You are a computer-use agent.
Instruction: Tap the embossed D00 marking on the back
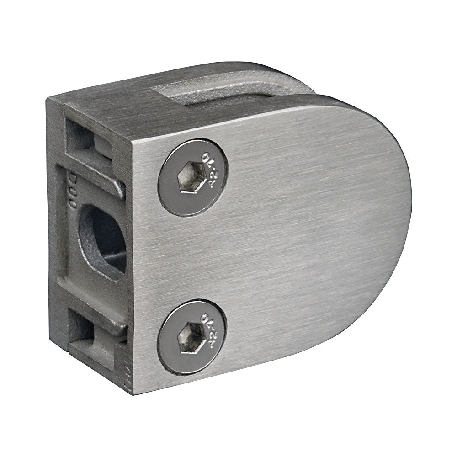[72, 190]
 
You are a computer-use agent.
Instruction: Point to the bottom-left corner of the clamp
[133, 393]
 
